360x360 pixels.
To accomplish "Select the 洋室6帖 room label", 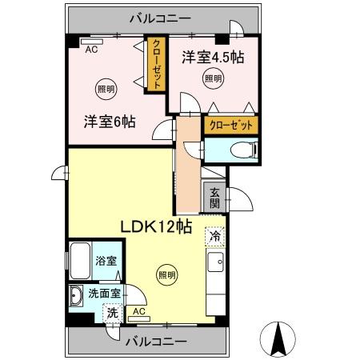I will point(109,122).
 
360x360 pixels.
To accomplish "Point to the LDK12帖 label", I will point(155,226).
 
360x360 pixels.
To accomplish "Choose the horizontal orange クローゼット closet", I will point(232,126).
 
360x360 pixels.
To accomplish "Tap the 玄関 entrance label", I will point(215,197).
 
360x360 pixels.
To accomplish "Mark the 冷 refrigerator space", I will point(214,236).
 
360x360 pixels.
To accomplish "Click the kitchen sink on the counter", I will point(214,262).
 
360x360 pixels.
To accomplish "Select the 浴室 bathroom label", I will point(104,260).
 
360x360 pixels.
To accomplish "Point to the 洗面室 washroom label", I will point(104,294).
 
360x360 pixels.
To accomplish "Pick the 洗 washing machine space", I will point(112,313).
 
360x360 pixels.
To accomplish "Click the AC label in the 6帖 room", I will point(92,48).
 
